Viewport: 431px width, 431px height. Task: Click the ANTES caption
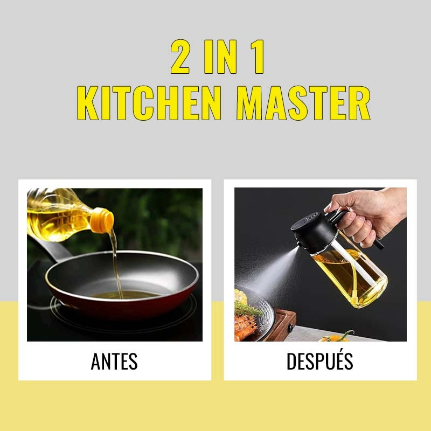pyautogui.click(x=114, y=362)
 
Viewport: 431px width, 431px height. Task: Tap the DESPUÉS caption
pyautogui.click(x=320, y=362)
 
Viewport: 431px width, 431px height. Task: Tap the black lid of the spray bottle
pyautogui.click(x=315, y=233)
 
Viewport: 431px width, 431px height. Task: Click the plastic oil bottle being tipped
pyautogui.click(x=59, y=213)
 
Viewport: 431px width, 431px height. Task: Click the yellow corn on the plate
pyautogui.click(x=240, y=296)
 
